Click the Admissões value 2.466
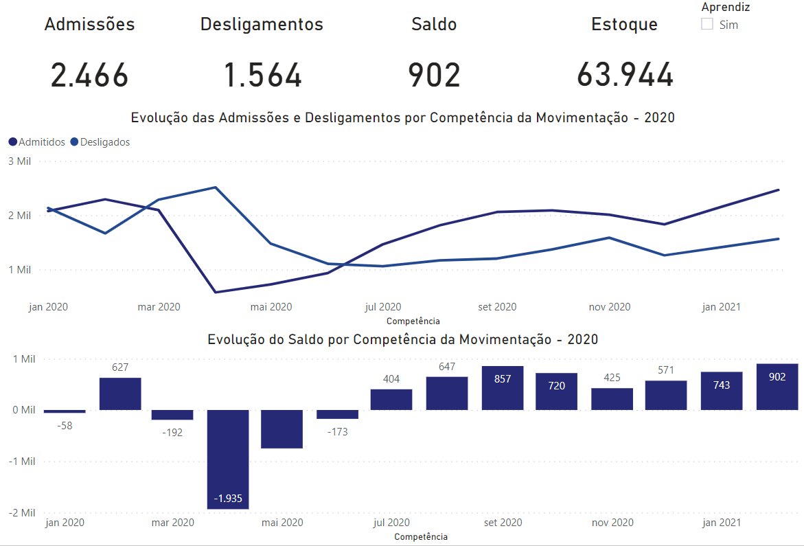(x=89, y=75)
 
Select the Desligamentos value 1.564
(x=263, y=75)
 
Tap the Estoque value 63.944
(x=625, y=75)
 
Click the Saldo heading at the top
(x=434, y=25)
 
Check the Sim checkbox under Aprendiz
(x=707, y=25)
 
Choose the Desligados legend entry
(x=100, y=142)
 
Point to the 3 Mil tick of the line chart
(x=20, y=161)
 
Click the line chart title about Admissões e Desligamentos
(x=402, y=117)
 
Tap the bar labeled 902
(x=777, y=387)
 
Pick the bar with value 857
(x=503, y=388)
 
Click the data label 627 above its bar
(x=120, y=367)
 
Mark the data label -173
(x=336, y=432)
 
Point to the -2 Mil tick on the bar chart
(x=21, y=512)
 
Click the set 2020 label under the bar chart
(x=503, y=523)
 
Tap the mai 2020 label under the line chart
(x=272, y=307)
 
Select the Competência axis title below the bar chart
(x=421, y=536)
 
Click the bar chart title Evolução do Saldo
(x=402, y=339)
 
